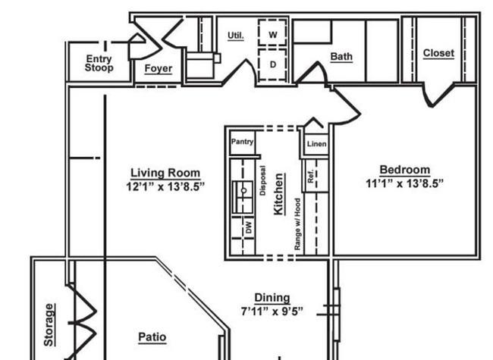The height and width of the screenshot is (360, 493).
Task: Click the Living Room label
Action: click(165, 173)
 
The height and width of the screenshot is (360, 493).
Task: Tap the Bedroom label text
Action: click(405, 170)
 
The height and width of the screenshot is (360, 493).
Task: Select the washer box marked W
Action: click(272, 33)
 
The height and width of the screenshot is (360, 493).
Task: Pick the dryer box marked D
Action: click(272, 64)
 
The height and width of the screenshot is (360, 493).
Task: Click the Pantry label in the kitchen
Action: click(242, 142)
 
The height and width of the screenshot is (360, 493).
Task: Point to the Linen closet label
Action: click(316, 144)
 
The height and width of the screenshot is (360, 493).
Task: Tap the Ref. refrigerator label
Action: click(311, 177)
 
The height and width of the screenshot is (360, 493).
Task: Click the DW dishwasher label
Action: click(248, 227)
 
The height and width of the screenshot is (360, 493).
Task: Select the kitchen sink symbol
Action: click(243, 197)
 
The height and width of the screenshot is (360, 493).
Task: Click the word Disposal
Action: click(263, 180)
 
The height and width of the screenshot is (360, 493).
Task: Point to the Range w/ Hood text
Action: click(297, 224)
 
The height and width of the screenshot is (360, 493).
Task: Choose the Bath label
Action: click(341, 57)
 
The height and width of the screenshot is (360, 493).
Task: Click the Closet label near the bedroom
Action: click(438, 53)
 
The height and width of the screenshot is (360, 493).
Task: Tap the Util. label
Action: click(236, 36)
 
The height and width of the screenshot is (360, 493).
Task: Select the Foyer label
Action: click(159, 68)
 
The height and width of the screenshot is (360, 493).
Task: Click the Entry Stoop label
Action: click(99, 63)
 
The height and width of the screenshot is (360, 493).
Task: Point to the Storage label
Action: click(49, 325)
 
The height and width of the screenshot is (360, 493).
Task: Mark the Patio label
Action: click(152, 337)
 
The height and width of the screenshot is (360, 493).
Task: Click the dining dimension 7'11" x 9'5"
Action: click(272, 311)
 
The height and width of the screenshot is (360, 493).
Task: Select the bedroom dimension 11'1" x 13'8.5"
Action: click(405, 183)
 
